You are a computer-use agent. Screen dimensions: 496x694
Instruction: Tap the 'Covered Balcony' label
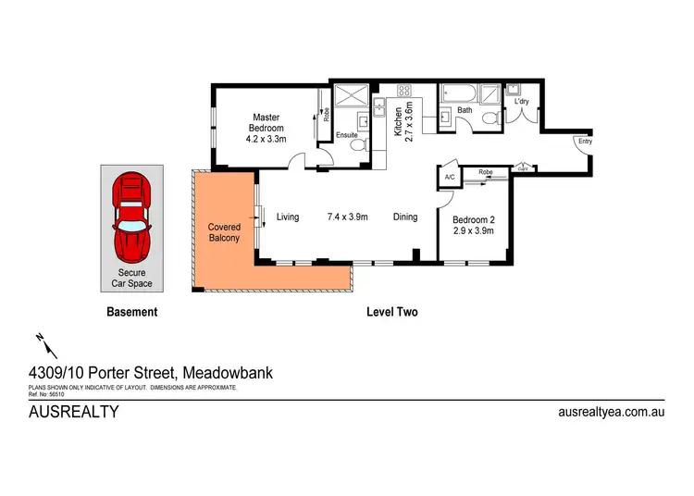click(x=224, y=232)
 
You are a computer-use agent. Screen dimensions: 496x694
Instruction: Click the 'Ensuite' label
click(x=346, y=135)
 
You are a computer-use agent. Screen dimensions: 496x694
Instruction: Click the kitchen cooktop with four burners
click(x=404, y=91)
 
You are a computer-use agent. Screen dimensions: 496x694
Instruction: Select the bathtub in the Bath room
click(x=458, y=93)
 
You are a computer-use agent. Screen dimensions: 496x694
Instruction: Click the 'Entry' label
click(x=584, y=141)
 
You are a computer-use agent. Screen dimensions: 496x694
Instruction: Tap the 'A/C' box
click(x=449, y=177)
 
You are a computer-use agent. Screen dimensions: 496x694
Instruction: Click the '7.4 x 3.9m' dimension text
click(x=348, y=217)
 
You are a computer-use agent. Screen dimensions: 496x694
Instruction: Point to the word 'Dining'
click(x=405, y=217)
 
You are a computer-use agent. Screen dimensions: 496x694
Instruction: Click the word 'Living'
click(x=288, y=217)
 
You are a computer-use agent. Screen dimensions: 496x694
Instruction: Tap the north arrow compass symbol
click(x=40, y=342)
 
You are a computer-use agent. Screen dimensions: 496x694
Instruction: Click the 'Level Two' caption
click(x=393, y=312)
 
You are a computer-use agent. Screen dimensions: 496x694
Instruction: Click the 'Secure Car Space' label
click(x=132, y=278)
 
